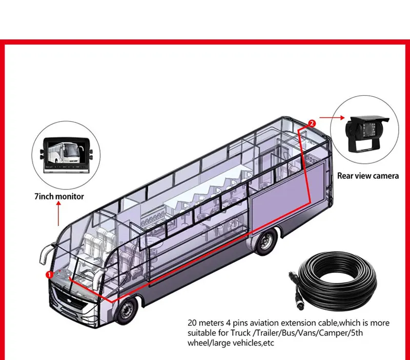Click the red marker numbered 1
pyautogui.click(x=50, y=274)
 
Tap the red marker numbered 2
pyautogui.click(x=312, y=123)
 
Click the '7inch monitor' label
pyautogui.click(x=59, y=196)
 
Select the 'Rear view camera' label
pyautogui.click(x=367, y=176)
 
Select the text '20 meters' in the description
pyautogui.click(x=202, y=323)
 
